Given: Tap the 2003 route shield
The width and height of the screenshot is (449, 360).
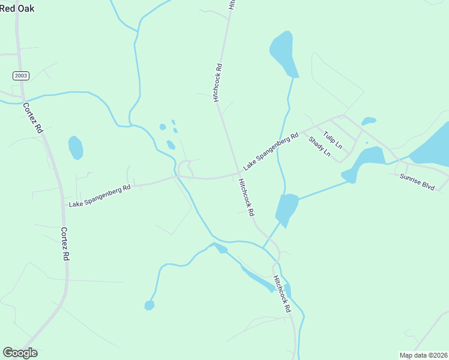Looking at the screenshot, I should click(x=19, y=75).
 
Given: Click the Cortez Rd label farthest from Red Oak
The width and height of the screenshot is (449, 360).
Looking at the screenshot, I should click(x=65, y=243).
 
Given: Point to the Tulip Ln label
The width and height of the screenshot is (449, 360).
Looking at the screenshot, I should click(x=332, y=140).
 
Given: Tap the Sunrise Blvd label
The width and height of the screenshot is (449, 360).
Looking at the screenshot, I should click(x=417, y=181).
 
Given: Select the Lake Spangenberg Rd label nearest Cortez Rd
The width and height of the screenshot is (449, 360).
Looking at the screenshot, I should click(x=100, y=196).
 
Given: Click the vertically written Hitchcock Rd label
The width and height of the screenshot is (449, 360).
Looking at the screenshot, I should click(x=218, y=82).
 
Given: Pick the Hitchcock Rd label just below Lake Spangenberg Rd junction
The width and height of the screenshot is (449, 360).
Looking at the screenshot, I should click(x=246, y=197).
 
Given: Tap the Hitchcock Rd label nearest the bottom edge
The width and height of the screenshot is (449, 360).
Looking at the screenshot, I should click(x=282, y=294).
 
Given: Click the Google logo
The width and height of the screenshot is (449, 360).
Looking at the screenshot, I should click(x=20, y=353).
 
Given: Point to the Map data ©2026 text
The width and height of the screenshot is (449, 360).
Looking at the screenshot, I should click(x=423, y=355).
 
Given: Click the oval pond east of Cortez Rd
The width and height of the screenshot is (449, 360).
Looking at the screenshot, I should click(x=76, y=148).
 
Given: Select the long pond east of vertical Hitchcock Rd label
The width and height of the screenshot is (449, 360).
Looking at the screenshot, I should click(x=283, y=53).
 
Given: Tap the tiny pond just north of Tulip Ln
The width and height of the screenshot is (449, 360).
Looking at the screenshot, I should click(x=369, y=121).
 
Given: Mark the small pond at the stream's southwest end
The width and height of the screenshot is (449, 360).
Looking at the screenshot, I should click(x=149, y=305).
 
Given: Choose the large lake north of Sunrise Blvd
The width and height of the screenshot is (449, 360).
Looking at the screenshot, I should click(x=432, y=146).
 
